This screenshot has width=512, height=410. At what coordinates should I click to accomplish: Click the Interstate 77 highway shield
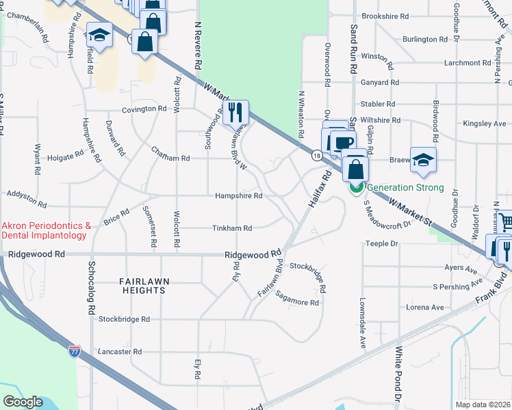coord(75,351)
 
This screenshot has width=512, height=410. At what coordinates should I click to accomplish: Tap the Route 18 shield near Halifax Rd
coord(316,156)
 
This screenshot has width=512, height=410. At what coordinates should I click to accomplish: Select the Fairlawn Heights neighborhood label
coord(142,286)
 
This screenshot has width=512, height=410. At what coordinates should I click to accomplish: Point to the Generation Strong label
coord(406,187)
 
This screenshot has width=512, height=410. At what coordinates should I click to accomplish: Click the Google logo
coord(23,402)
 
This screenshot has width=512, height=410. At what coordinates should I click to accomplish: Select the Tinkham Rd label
coord(232,228)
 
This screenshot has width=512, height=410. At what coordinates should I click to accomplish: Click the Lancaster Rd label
coord(120,351)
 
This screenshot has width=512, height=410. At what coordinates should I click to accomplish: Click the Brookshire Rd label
coord(385,16)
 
